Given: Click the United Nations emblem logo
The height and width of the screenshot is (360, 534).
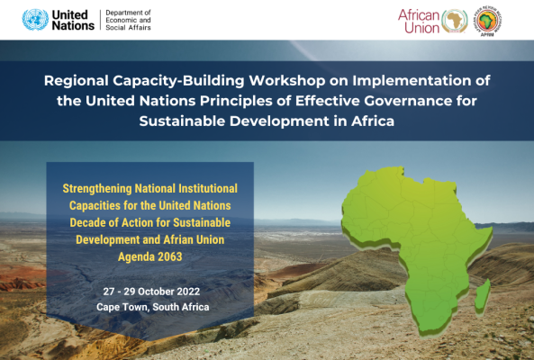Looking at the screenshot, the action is coord(35,20).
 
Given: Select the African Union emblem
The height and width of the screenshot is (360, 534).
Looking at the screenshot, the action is coord(455,21).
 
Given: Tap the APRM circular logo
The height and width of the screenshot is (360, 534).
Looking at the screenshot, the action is coord(489,21).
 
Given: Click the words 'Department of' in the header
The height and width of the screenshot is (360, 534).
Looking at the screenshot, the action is coord(128,13).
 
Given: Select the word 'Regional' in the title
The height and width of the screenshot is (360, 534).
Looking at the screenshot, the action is coord(77,81).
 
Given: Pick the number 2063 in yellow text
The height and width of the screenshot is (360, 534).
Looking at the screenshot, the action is coord(170,256).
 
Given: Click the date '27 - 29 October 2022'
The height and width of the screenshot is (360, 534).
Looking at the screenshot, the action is coord(151,292).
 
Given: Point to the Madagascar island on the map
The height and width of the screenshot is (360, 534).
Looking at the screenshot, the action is coord(483,296).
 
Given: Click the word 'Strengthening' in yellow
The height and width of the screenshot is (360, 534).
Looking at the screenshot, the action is coord(97,188).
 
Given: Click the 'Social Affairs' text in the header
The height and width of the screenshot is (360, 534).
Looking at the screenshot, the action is coord(128,28).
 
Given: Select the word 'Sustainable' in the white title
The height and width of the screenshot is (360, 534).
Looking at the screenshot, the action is coord(183,121).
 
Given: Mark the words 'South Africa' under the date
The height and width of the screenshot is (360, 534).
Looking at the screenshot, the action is coord(181,307).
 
